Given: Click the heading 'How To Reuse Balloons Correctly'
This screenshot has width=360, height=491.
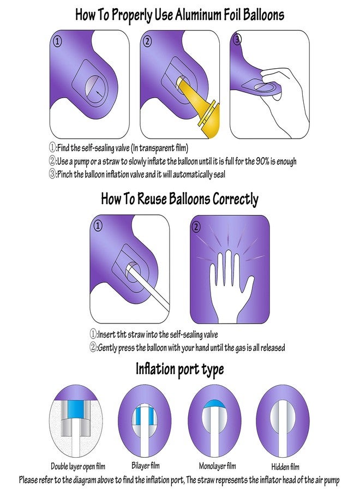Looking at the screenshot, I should click(x=179, y=199).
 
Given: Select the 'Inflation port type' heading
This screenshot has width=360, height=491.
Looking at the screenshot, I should click(x=179, y=369).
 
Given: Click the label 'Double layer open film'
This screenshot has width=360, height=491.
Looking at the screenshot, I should click(x=79, y=466).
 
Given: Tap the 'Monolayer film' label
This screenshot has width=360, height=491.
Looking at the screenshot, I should click(x=217, y=466).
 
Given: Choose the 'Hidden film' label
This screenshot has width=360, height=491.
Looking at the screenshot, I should click(x=285, y=467).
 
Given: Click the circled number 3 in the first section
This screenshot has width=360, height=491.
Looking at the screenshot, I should click(x=237, y=40).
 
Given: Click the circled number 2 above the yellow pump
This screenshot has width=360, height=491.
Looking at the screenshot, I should click(x=147, y=40).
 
